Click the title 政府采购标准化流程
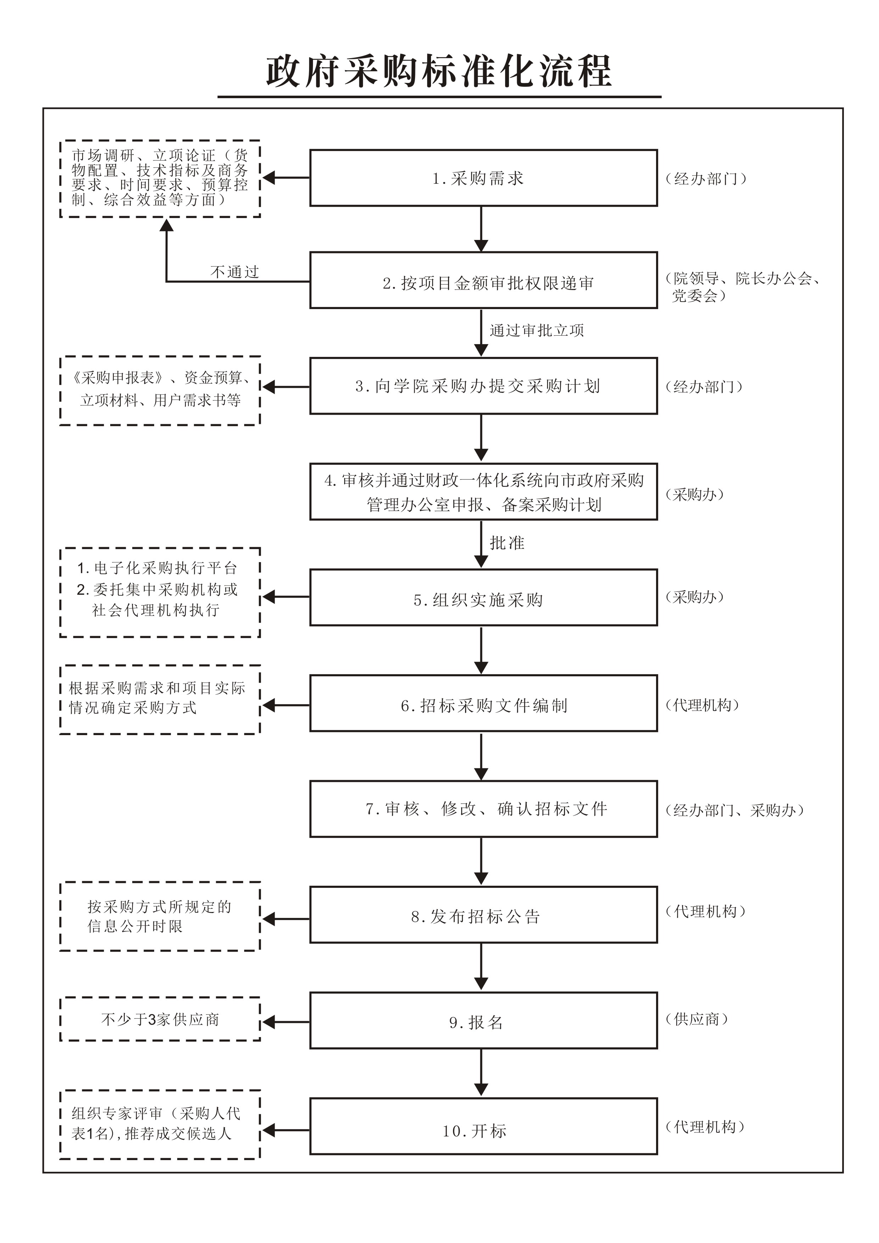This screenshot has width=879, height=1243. pyautogui.click(x=439, y=71)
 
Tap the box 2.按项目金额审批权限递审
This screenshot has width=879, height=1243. pyautogui.click(x=483, y=280)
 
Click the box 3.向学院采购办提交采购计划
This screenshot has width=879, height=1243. pyautogui.click(x=483, y=386)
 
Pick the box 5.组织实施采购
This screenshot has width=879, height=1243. pyautogui.click(x=483, y=598)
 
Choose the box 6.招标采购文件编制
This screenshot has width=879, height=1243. pyautogui.click(x=483, y=703)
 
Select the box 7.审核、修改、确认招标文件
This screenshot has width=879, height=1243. pyautogui.click(x=483, y=809)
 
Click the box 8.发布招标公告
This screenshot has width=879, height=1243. pyautogui.click(x=483, y=915)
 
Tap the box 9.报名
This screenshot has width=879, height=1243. pyautogui.click(x=483, y=1020)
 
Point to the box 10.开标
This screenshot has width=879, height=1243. pyautogui.click(x=483, y=1126)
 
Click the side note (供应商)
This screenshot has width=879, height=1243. pyautogui.click(x=696, y=1019)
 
